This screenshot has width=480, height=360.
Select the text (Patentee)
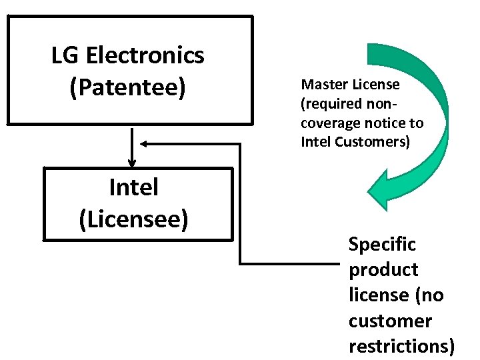point(128,87)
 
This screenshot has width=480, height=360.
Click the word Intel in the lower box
point(133,187)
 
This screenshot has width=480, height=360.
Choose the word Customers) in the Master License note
point(377,142)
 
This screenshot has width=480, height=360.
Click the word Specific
point(382,244)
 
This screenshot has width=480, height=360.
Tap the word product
point(383,270)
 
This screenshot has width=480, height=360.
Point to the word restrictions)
point(402,346)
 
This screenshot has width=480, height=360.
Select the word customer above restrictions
point(390,321)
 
